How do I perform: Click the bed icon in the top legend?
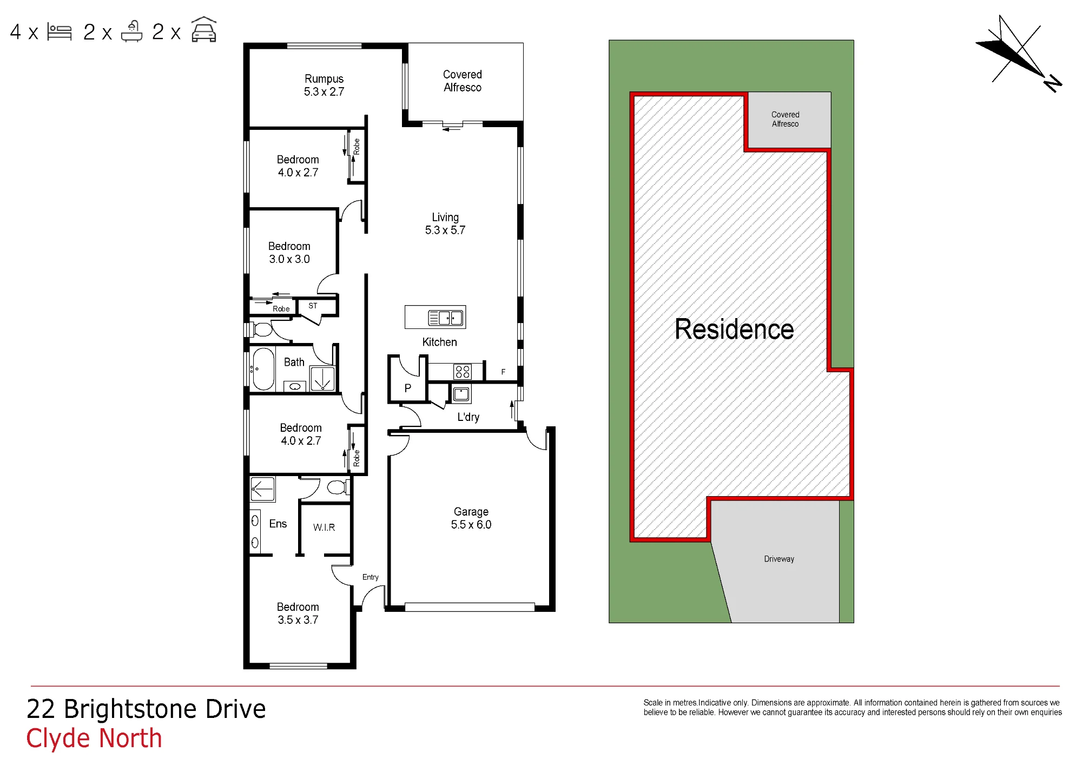coord(60,32)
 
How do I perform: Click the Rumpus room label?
coord(324,85)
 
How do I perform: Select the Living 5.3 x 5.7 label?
coord(445,223)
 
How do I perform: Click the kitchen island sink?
coord(446,318)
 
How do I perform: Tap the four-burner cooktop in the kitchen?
coord(463,372)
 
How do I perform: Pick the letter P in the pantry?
coord(408,388)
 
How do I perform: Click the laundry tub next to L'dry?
coord(461,394)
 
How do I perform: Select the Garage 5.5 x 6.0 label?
coord(471,518)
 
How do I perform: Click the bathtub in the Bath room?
coord(263,369)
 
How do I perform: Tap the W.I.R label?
coord(324,527)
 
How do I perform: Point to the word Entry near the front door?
coord(371,577)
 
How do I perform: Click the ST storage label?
coord(313,306)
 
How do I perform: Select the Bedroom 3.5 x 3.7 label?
coord(298,614)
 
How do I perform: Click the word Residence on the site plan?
coord(734,329)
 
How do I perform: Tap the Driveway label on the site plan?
coord(779,559)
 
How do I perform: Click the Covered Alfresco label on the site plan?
coord(785,119)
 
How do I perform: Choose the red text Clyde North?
coord(94,738)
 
